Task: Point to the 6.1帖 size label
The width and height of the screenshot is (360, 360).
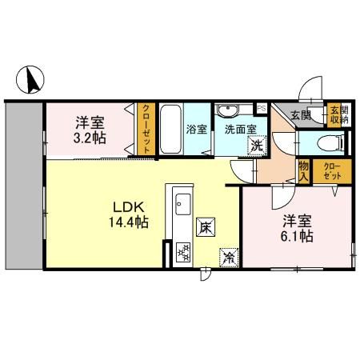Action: click(296, 236)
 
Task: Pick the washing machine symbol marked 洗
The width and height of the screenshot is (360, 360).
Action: click(256, 146)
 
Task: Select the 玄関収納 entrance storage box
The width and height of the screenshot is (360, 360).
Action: click(338, 114)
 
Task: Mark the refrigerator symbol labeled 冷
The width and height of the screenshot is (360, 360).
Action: click(228, 258)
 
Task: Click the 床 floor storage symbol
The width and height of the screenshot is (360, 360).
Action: click(204, 227)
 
